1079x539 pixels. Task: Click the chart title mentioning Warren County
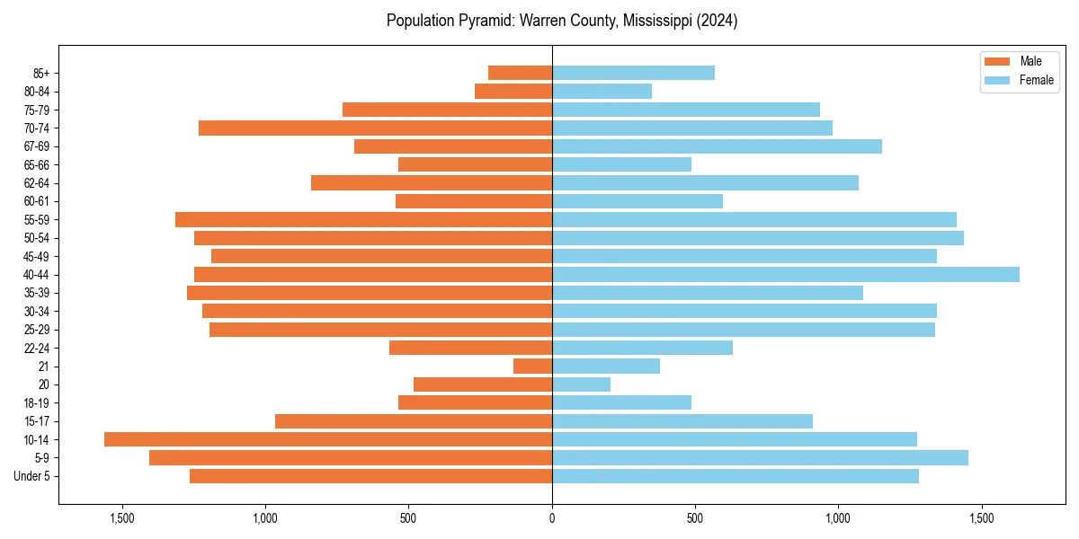561,21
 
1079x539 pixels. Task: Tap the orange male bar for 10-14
328,439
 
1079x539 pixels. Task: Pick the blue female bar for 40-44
785,274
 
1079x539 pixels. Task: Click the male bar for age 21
532,366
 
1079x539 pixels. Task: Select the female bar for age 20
581,384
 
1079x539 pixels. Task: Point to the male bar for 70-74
375,128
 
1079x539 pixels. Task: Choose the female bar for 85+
633,73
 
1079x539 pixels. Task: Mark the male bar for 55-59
363,219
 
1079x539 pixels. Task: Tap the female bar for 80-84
602,91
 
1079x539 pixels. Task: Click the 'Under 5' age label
32,476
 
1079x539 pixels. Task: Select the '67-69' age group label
37,146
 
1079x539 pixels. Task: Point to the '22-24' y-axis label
37,348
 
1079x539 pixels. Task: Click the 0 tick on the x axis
552,517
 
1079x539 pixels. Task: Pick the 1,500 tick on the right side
981,517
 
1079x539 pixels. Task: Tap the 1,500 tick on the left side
122,517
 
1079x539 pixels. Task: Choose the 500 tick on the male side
408,517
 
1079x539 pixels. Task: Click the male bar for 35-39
370,293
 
